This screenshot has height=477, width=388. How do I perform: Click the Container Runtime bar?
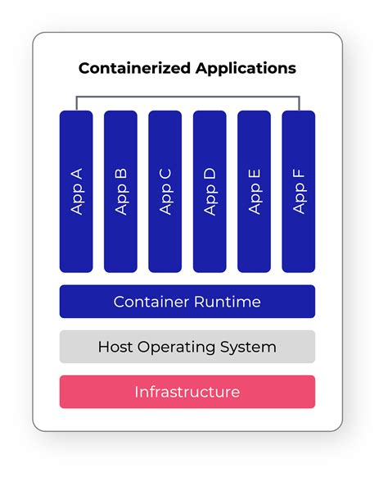click(x=187, y=302)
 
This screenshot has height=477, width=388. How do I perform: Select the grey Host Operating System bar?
click(x=187, y=347)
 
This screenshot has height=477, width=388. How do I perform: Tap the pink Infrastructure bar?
click(x=187, y=392)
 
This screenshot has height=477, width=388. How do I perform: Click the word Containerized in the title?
click(x=134, y=69)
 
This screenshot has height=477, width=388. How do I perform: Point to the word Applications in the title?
click(x=246, y=69)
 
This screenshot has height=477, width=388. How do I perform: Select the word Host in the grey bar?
click(x=115, y=347)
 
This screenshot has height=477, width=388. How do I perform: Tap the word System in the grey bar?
click(x=248, y=347)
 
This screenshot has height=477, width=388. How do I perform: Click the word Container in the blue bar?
click(x=148, y=302)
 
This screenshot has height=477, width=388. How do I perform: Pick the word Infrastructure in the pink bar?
click(x=187, y=392)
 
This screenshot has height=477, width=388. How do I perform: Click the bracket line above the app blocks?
click(x=187, y=96)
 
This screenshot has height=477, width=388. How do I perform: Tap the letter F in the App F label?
click(x=298, y=174)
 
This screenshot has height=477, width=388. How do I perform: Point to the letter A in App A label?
click(x=77, y=175)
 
